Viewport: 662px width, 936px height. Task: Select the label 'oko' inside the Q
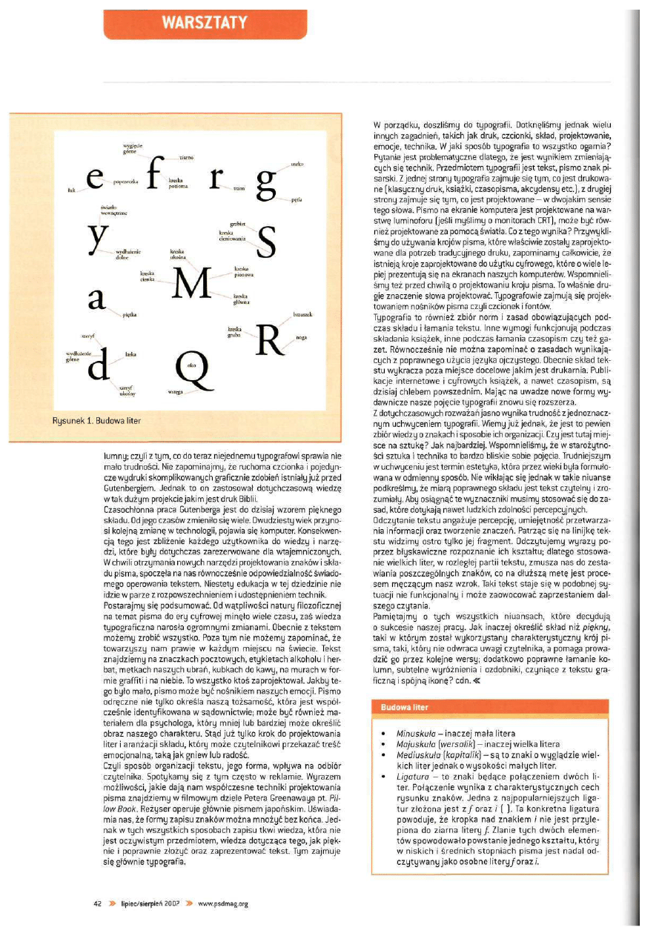[192, 365]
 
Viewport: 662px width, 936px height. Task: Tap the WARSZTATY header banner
[205, 22]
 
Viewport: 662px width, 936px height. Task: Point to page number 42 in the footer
[97, 903]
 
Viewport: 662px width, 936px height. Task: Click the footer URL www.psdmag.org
[222, 903]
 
